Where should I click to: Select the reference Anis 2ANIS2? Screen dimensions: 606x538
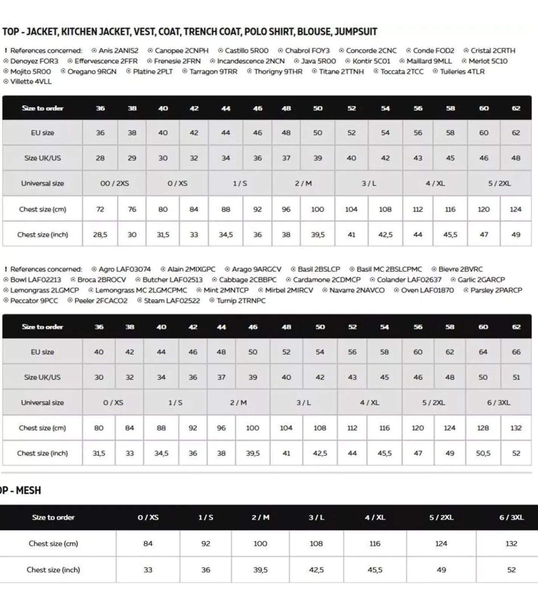pos(118,51)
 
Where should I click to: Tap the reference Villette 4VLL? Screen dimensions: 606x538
pos(31,81)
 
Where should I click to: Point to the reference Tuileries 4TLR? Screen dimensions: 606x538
pos(462,72)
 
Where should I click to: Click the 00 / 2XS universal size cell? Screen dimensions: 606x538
pos(114,183)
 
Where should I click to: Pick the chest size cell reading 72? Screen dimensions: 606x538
pos(100,209)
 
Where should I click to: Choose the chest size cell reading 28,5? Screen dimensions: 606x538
pos(100,235)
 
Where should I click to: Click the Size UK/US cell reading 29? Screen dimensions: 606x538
pos(132,158)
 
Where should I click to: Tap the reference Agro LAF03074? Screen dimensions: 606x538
pos(124,269)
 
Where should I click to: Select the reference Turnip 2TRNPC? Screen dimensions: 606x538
pos(241,301)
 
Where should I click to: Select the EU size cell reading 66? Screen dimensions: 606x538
pos(516,352)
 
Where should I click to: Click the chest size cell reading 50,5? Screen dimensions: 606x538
pos(483,453)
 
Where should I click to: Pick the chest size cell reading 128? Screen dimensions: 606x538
pos(483,428)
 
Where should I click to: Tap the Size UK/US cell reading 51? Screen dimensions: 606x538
pos(516,377)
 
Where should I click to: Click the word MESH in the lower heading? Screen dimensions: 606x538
pos(28,490)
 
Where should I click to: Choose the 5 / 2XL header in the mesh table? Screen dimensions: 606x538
pos(441,517)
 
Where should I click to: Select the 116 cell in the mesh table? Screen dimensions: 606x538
pos(375,544)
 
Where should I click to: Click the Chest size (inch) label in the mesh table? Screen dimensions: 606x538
pos(53,570)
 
